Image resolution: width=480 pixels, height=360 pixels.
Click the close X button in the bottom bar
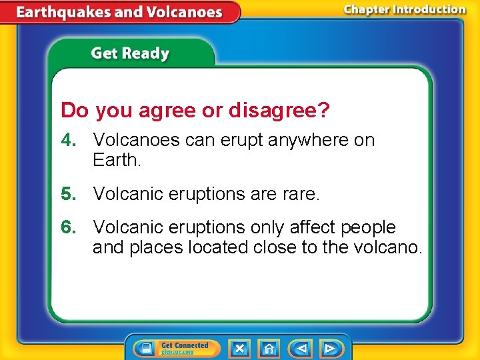[x=239, y=348]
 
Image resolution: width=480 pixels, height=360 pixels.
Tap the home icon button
[x=269, y=348]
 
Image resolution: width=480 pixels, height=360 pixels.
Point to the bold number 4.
[x=67, y=140]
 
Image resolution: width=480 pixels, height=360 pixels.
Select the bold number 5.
[x=67, y=194]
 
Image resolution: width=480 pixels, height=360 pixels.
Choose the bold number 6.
[x=67, y=227]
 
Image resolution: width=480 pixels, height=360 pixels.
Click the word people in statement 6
[x=369, y=227]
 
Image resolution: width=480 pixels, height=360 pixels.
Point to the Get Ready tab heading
[x=130, y=53]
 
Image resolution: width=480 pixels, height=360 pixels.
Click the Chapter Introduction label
[x=405, y=9]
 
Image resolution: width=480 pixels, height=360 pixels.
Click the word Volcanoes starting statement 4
[x=137, y=140]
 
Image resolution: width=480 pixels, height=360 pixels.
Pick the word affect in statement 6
[x=313, y=227]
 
